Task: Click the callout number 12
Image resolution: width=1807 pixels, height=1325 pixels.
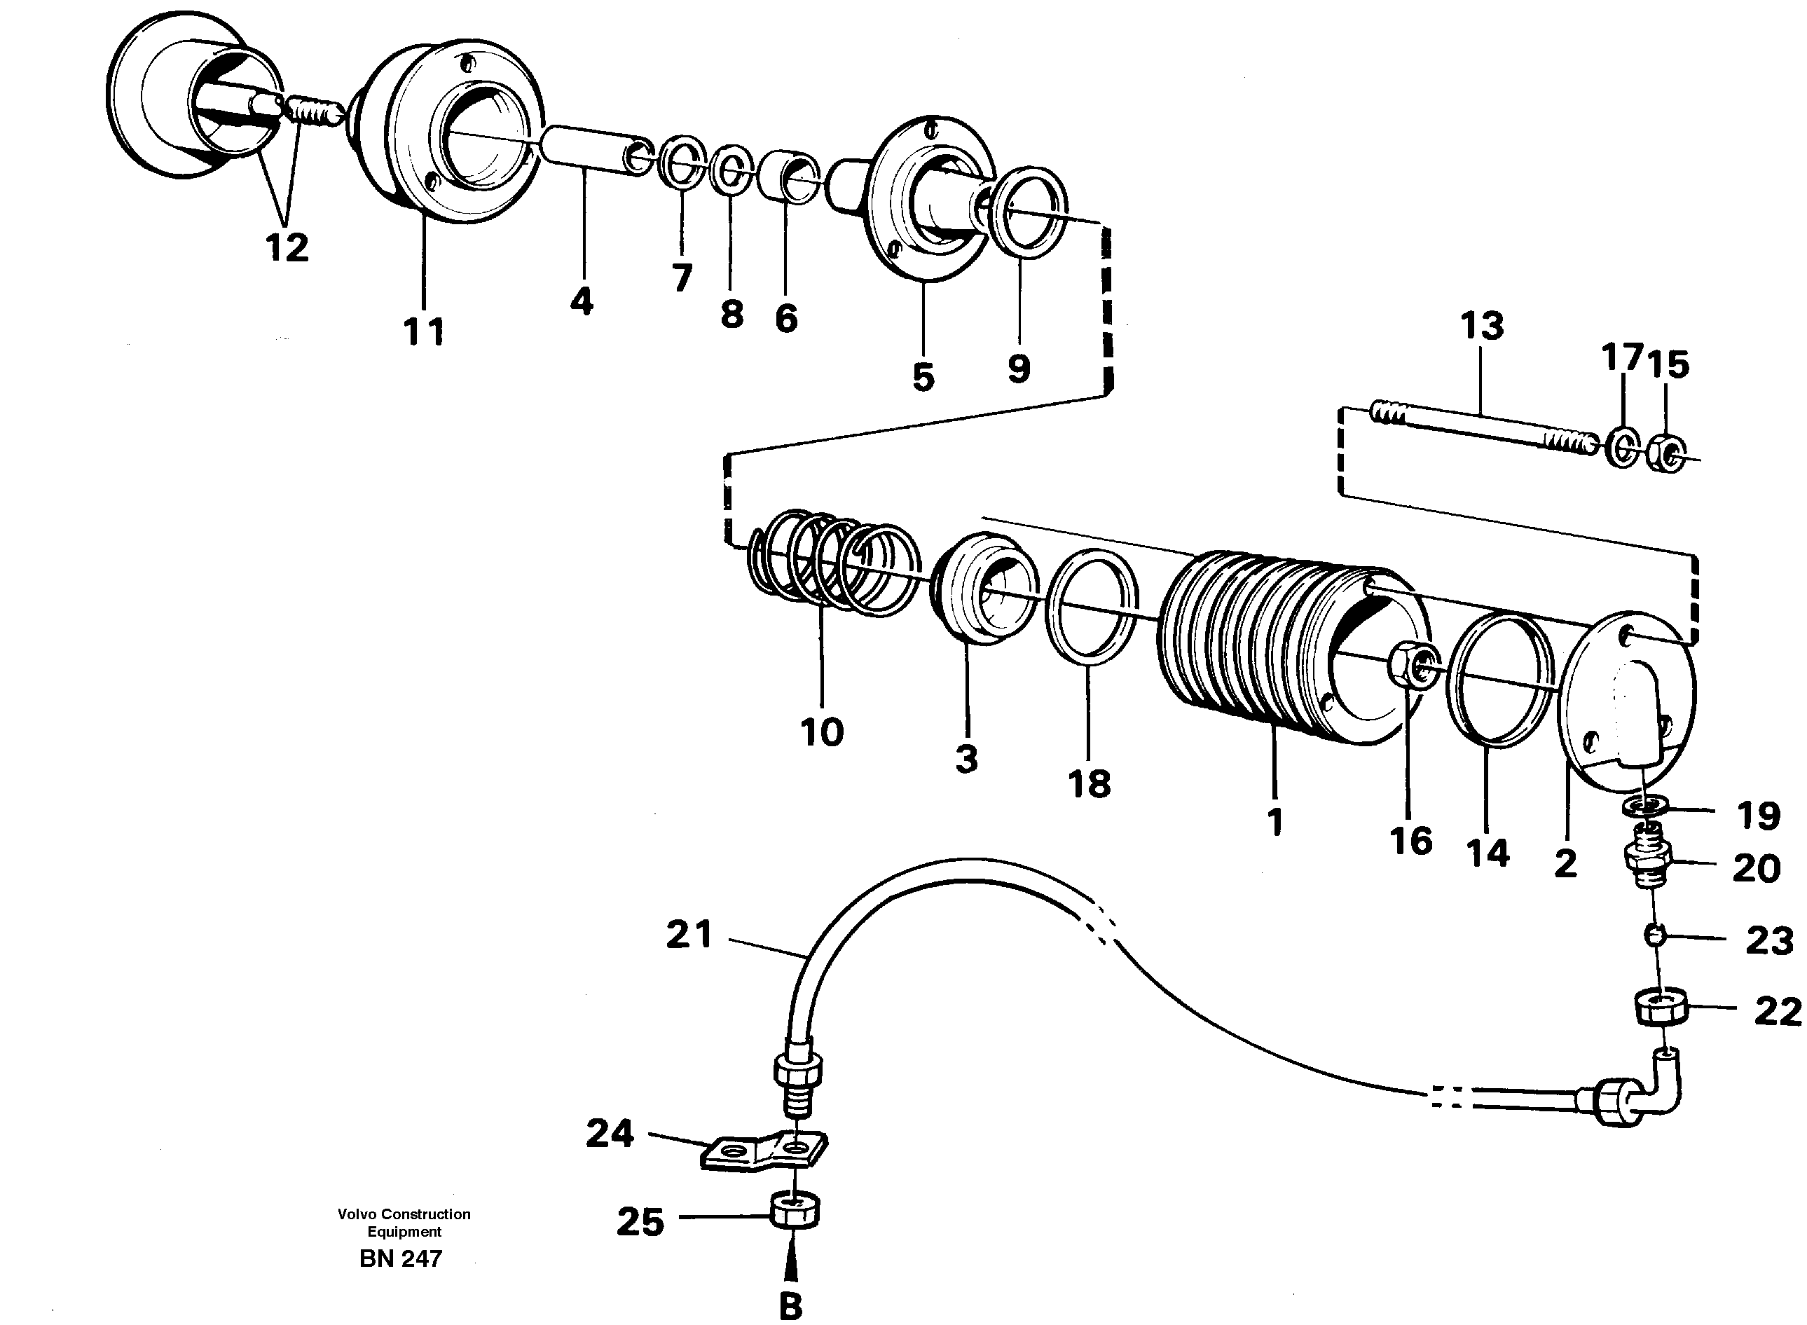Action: [x=287, y=247]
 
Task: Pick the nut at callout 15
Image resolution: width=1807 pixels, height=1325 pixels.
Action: [x=1667, y=454]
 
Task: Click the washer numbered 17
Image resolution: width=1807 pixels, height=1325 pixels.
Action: [x=1623, y=448]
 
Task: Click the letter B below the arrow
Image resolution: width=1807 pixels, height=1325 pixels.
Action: [x=791, y=1306]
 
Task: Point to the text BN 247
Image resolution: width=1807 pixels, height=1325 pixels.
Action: [x=400, y=1258]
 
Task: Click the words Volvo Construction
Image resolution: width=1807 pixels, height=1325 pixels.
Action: [x=404, y=1214]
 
